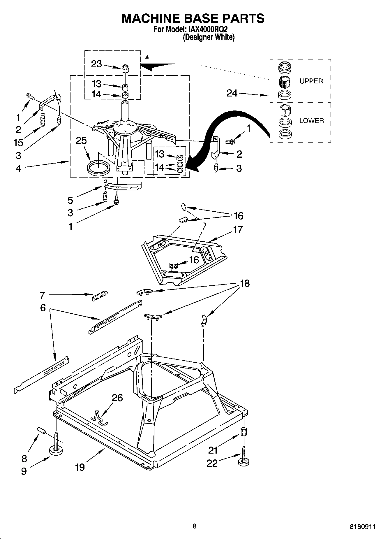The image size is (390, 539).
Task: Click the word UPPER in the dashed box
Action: coord(311,81)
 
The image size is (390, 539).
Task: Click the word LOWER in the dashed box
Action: coord(311,120)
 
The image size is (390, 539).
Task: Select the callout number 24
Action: coord(232,94)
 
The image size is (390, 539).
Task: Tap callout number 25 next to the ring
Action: coord(81,141)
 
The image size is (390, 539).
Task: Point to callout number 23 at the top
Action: coord(96,64)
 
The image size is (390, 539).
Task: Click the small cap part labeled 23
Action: coord(125,69)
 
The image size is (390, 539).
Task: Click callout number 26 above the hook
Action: coord(117,398)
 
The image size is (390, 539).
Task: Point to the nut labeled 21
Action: coord(243,431)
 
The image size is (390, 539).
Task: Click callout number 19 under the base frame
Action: coord(80,467)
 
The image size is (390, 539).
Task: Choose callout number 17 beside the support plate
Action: coord(238,229)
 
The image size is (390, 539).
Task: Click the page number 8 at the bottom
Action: coord(194,526)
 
